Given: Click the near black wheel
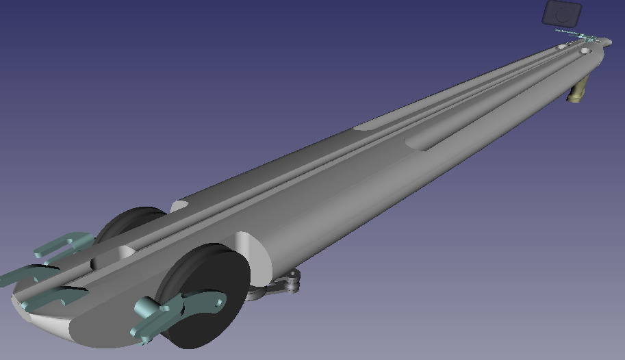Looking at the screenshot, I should (x=205, y=301).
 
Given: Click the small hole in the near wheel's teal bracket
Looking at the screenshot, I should (x=218, y=300).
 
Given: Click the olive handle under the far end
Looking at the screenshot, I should (x=578, y=90).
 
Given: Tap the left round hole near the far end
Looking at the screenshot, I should (x=562, y=47).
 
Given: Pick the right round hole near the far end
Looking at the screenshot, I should (x=585, y=51).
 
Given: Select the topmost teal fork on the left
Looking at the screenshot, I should (x=65, y=243).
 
